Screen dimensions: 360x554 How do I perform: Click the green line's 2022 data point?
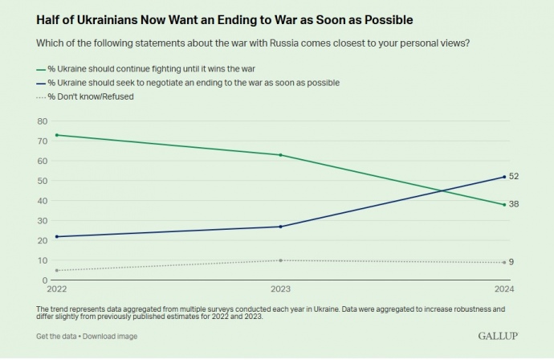click(x=56, y=135)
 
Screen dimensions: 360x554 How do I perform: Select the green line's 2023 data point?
click(x=280, y=154)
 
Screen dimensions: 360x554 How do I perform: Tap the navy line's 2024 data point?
click(x=503, y=177)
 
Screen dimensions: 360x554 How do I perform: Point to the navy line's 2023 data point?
click(x=280, y=227)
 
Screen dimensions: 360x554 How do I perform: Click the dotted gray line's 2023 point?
click(x=280, y=260)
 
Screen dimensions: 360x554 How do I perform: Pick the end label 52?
click(x=514, y=176)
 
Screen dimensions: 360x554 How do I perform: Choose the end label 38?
click(x=514, y=204)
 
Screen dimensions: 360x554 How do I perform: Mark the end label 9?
click(x=512, y=262)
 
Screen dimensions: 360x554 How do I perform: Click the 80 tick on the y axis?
click(x=42, y=121)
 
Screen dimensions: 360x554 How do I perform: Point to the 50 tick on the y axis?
click(x=42, y=181)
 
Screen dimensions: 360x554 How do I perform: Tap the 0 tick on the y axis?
click(x=44, y=280)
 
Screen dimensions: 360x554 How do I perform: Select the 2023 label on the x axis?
click(x=280, y=289)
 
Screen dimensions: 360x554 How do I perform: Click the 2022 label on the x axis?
click(x=57, y=289)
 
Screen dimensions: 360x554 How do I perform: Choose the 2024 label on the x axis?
click(x=503, y=289)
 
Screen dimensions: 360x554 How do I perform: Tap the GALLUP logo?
click(x=497, y=335)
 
